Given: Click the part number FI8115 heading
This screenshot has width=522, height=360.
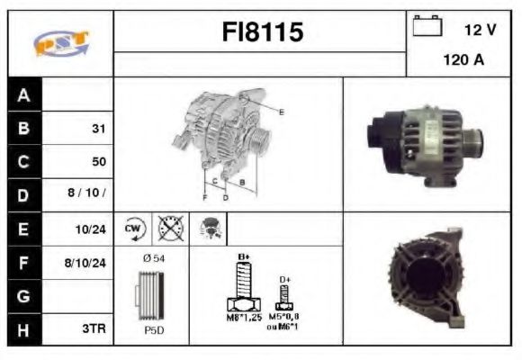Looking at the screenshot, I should click(263, 32).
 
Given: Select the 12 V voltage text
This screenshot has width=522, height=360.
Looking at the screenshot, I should click(480, 30).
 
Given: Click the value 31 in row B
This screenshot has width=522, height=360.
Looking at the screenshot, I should click(98, 129).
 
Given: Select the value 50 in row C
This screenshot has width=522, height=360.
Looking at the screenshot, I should click(98, 162).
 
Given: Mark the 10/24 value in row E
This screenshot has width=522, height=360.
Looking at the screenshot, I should click(93, 229).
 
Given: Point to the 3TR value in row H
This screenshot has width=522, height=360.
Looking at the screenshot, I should click(94, 329).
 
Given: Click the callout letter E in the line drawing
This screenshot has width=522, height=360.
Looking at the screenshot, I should click(282, 112).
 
